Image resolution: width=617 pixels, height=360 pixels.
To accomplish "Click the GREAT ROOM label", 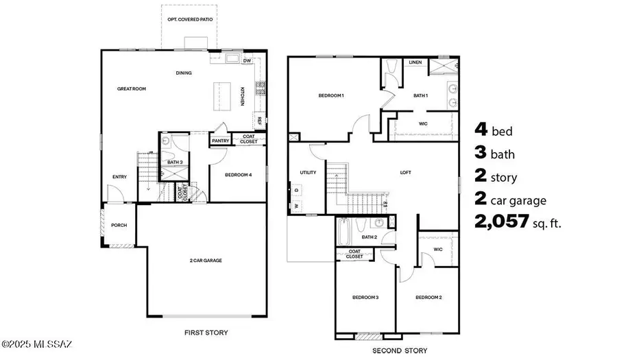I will [x=132, y=88].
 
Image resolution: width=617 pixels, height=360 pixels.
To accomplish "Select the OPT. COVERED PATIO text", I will [x=190, y=20].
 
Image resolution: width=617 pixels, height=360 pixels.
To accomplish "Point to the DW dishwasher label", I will [x=246, y=60].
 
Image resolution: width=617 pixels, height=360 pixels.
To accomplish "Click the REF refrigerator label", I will [x=259, y=120].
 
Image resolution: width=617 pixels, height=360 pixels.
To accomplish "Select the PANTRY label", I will [x=220, y=141].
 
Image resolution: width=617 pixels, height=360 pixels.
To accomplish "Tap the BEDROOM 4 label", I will [x=239, y=175].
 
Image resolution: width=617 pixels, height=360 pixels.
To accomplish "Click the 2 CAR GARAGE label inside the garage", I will [x=206, y=260].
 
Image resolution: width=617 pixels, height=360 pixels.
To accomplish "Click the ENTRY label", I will [x=119, y=177].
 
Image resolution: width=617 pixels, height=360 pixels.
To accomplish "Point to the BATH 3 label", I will [x=175, y=162].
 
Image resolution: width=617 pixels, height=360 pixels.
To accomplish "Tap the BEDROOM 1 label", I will [x=330, y=95].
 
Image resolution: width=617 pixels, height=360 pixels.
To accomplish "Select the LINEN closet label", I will [x=415, y=62].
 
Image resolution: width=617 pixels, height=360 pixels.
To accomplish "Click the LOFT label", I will [x=405, y=172].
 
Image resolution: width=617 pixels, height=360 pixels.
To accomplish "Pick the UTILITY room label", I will [x=308, y=172].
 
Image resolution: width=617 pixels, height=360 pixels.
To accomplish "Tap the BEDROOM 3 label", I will [x=366, y=297].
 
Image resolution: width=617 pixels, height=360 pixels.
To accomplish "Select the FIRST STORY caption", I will [x=206, y=333].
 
